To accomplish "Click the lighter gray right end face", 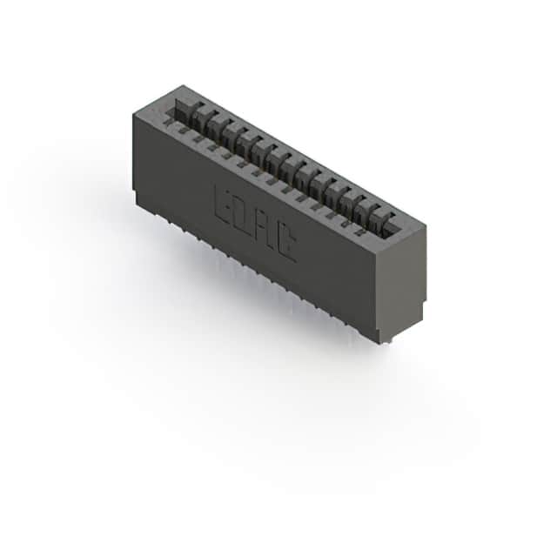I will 401,278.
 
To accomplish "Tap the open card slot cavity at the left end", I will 183,104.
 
